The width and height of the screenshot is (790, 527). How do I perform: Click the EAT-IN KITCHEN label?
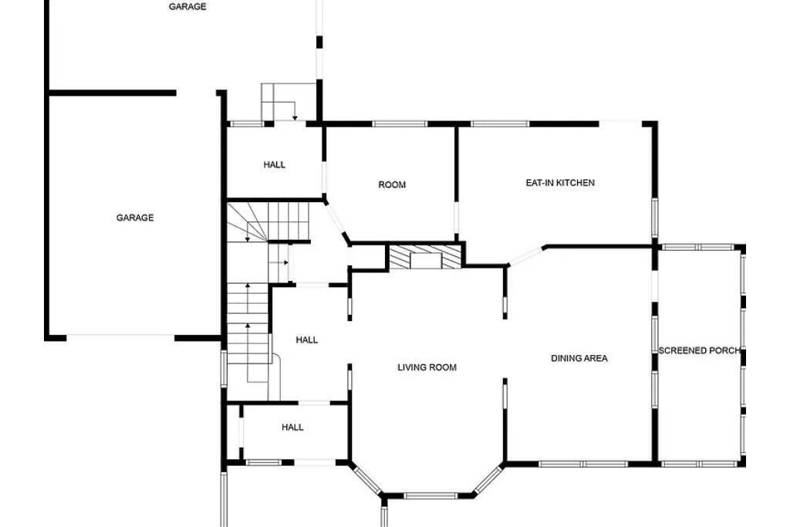560,183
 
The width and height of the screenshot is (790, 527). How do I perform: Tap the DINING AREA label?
579,358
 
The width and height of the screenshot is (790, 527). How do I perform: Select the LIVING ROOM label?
427,367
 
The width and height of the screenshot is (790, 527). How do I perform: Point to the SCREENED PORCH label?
699,350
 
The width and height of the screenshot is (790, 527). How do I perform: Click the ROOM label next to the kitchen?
392,185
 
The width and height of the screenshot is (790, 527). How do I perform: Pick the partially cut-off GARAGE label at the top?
187,6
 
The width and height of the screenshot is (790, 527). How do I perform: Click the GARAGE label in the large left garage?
135,218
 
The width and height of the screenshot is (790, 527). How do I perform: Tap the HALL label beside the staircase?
306,340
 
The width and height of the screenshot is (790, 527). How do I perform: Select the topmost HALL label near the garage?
274,165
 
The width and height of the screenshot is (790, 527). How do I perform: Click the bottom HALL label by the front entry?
292,427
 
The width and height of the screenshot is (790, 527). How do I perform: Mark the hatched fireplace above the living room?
425,256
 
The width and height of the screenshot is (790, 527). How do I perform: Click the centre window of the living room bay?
430,496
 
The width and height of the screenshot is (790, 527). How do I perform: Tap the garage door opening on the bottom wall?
120,337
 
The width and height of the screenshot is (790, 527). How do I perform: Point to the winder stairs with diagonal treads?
247,221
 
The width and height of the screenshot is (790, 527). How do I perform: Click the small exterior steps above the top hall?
281,103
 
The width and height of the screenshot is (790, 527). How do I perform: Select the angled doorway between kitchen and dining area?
526,256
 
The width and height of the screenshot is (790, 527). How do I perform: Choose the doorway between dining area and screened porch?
655,285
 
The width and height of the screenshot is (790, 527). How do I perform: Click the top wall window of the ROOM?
400,124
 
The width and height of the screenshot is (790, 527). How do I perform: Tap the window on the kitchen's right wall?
655,218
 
